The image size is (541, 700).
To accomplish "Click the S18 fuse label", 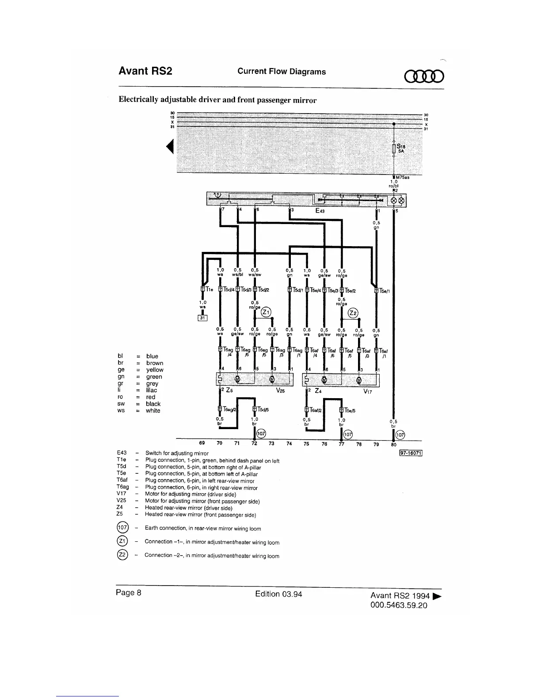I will [400, 146].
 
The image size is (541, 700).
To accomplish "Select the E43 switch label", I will [320, 211].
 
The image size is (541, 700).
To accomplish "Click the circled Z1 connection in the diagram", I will [266, 312].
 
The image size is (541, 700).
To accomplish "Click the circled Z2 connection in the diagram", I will [353, 313].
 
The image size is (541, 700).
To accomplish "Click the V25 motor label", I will [280, 391].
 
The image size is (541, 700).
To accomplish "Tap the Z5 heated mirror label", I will [229, 391].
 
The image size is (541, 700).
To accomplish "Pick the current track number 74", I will [289, 444].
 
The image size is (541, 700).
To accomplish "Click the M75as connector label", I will [402, 178].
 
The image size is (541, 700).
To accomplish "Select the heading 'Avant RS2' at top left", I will [145, 71].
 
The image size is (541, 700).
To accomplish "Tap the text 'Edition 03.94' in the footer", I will [278, 594].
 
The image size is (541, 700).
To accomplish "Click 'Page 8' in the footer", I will [128, 593].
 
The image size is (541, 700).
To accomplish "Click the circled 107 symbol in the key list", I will [122, 528].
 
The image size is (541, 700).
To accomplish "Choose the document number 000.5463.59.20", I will [399, 605].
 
